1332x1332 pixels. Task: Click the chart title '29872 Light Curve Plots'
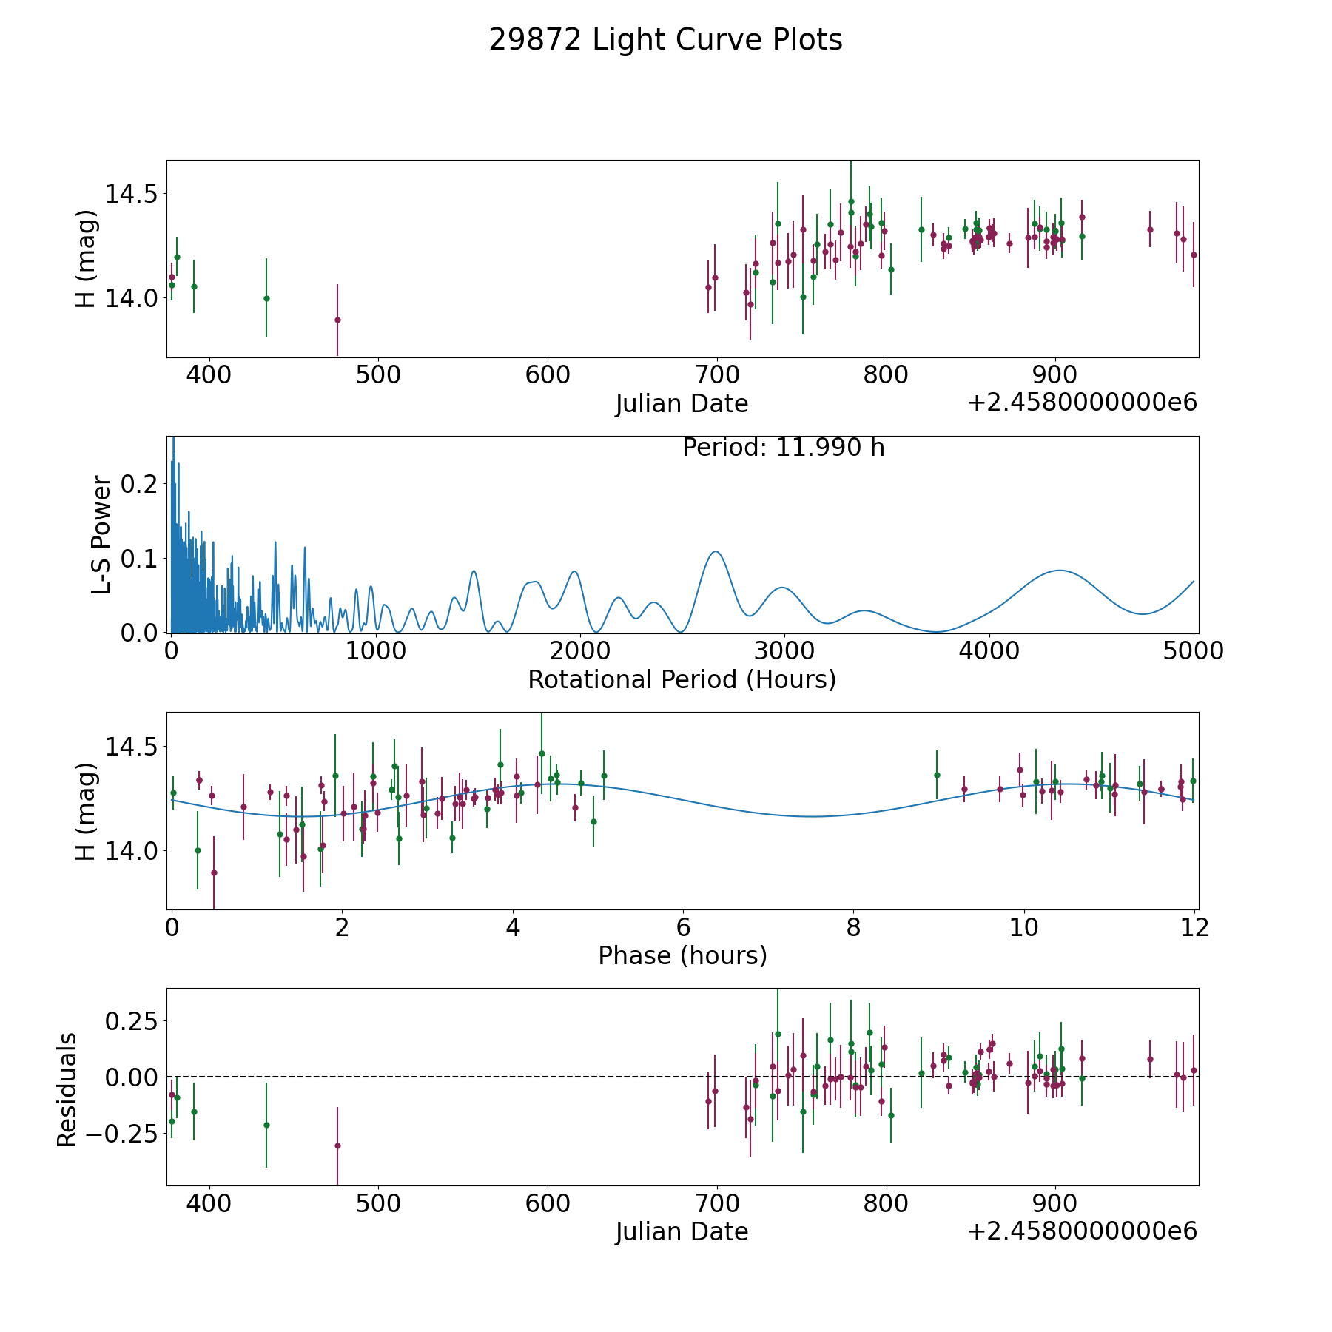click(665, 40)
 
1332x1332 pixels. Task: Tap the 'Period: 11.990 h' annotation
click(784, 448)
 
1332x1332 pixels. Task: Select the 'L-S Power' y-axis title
click(101, 535)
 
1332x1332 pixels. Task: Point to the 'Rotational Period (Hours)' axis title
click(682, 679)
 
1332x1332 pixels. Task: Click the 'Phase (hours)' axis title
click(682, 955)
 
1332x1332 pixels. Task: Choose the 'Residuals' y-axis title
click(67, 1090)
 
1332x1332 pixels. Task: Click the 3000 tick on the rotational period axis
click(784, 650)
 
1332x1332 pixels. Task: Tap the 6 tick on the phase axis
click(683, 927)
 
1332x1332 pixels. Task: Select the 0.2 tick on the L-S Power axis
click(139, 484)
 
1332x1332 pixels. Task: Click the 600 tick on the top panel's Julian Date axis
click(548, 374)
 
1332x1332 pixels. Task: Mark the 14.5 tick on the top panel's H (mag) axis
click(131, 194)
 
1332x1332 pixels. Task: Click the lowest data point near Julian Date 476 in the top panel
click(337, 320)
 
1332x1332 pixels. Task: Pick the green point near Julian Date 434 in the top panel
click(266, 298)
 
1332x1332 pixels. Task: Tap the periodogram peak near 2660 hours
click(715, 551)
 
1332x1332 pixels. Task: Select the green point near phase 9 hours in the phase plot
click(937, 775)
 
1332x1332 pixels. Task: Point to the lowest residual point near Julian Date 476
click(337, 1146)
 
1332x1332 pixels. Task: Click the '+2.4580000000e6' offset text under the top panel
click(1082, 403)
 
